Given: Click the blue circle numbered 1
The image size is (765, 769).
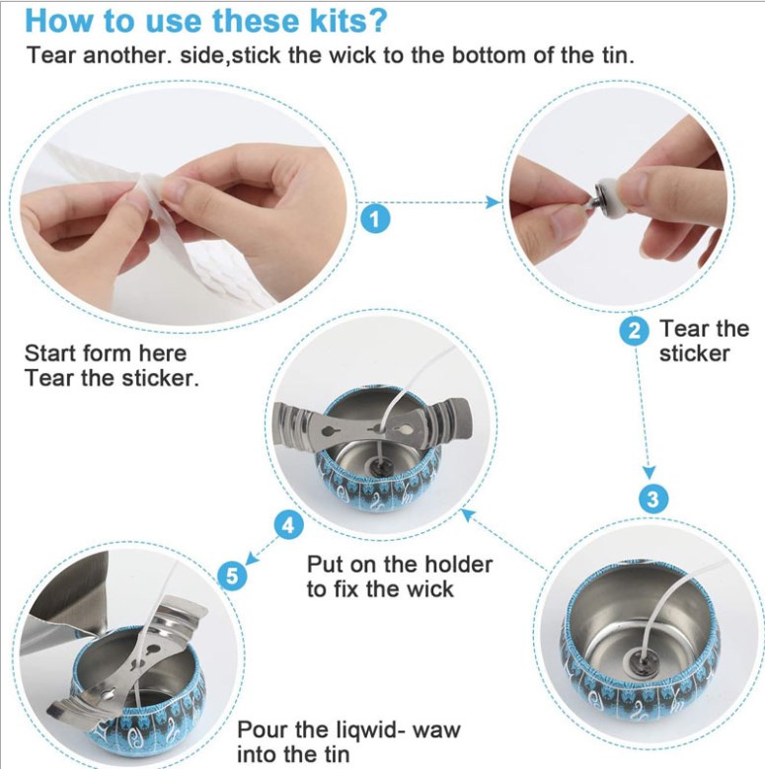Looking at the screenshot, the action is click(376, 219).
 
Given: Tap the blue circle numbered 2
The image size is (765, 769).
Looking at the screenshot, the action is click(635, 331).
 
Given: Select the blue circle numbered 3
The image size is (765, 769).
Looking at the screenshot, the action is click(653, 500).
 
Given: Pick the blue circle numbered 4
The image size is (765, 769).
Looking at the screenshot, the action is click(288, 525).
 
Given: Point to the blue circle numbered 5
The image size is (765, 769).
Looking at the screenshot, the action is click(232, 576).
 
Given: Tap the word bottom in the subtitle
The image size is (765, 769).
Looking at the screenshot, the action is click(489, 55).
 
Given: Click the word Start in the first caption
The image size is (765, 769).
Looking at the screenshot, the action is click(50, 353).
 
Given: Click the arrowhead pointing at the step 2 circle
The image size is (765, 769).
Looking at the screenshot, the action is click(494, 201).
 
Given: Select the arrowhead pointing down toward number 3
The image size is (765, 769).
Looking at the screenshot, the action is click(650, 472).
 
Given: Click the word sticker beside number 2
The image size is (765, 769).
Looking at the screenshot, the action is click(694, 353).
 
